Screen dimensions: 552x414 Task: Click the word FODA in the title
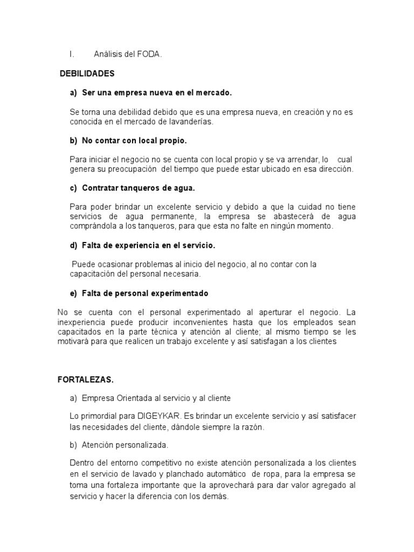[x=150, y=54]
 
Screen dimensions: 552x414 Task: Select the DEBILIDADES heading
[x=87, y=73]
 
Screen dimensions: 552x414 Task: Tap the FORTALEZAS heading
[x=86, y=379]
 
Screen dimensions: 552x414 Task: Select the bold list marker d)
[x=74, y=245]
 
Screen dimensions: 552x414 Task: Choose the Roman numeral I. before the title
[x=71, y=54]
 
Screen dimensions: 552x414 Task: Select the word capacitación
[x=93, y=274]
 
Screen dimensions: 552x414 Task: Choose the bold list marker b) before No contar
[x=74, y=141]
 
